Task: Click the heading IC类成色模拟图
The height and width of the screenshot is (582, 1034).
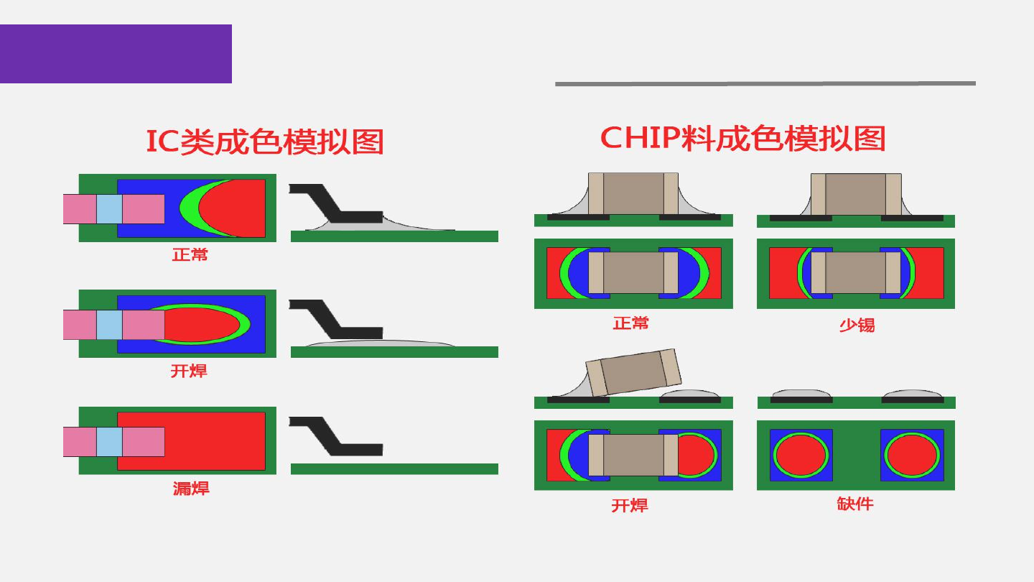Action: tap(264, 142)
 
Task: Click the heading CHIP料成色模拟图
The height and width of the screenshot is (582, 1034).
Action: tap(742, 138)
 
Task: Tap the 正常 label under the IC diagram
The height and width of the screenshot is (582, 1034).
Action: tap(190, 254)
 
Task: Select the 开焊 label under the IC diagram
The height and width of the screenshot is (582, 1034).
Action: tap(189, 371)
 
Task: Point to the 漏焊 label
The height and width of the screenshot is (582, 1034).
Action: tap(190, 489)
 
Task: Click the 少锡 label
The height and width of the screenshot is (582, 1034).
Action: tap(857, 325)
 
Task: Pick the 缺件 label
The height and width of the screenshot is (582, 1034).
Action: tap(855, 504)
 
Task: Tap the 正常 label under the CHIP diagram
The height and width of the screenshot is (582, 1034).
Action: tap(630, 323)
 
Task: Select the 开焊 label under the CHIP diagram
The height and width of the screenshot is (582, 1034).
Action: tap(630, 506)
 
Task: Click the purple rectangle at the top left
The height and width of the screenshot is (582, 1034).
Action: tap(116, 54)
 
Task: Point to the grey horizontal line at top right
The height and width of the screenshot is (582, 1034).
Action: tap(765, 83)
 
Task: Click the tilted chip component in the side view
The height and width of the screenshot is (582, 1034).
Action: tap(632, 372)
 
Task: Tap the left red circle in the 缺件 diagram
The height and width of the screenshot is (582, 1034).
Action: tap(801, 456)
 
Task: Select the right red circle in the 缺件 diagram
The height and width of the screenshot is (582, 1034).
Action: tap(912, 456)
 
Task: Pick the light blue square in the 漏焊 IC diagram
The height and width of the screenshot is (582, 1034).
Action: tap(109, 442)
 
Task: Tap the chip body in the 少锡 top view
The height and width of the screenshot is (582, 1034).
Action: tap(855, 273)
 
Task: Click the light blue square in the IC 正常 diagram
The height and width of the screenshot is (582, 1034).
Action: tap(109, 208)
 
